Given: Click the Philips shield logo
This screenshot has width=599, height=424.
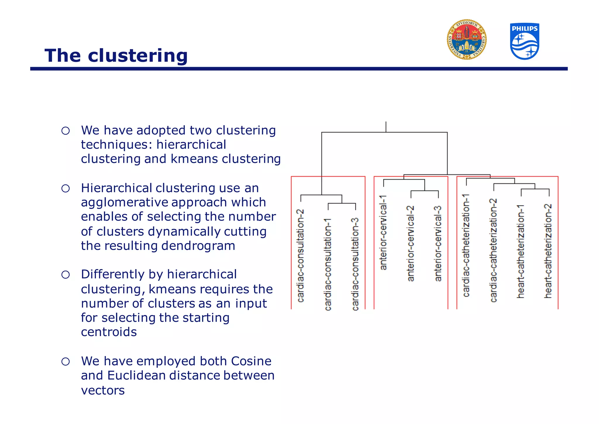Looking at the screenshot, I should pos(524,41).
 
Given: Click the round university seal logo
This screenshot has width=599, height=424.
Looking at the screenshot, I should pos(467,40).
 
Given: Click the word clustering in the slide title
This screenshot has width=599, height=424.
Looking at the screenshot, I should pos(137,56).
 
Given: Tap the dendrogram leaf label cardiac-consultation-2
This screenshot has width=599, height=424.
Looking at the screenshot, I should pos(300,255).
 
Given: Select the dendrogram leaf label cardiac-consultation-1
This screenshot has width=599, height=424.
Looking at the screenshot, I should pos(328,264).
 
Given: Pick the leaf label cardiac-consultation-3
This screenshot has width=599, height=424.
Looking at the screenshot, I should pos(355,264).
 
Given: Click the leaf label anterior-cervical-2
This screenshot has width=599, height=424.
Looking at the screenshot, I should pos(411,243).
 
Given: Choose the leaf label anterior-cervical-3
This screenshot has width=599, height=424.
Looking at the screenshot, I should pos(438,243).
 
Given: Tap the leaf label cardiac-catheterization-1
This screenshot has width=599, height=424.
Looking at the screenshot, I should pos(466,245).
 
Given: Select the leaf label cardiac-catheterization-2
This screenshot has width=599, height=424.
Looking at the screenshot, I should pos(493,250).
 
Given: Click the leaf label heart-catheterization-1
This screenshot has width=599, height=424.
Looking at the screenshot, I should pos(521,251).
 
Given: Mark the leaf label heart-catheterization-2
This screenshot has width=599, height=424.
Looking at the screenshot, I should pos(548,251).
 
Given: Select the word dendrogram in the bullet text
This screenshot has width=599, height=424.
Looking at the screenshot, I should pos(198,246).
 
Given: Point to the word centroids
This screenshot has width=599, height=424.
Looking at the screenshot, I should pos(109,332).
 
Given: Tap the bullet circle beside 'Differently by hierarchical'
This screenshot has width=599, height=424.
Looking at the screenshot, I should pos(66,275).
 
